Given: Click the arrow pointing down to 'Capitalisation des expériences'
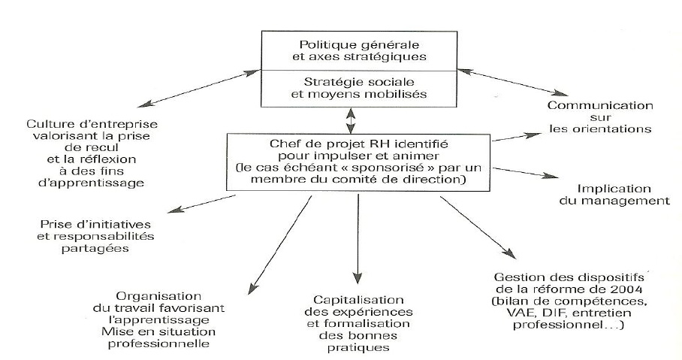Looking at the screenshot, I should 358,237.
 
